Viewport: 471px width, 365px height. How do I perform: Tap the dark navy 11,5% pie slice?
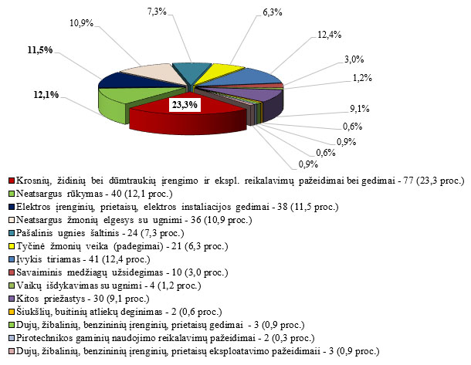click(x=132, y=80)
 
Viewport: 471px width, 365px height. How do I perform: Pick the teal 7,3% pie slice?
click(x=190, y=72)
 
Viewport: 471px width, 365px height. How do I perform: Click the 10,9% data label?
click(x=81, y=23)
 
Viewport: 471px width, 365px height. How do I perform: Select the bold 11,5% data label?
click(x=40, y=50)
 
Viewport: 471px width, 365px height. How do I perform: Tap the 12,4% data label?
click(x=329, y=35)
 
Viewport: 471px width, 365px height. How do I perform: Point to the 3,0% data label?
click(x=354, y=59)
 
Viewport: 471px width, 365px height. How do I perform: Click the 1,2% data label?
click(x=362, y=78)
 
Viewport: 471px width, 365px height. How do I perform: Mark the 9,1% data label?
click(x=360, y=109)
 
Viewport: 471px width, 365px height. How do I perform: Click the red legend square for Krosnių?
click(x=12, y=181)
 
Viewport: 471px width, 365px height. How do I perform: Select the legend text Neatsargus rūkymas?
click(x=59, y=194)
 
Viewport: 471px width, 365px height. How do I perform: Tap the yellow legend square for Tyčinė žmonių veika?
click(x=12, y=246)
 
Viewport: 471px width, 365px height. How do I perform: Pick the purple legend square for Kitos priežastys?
click(x=12, y=299)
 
